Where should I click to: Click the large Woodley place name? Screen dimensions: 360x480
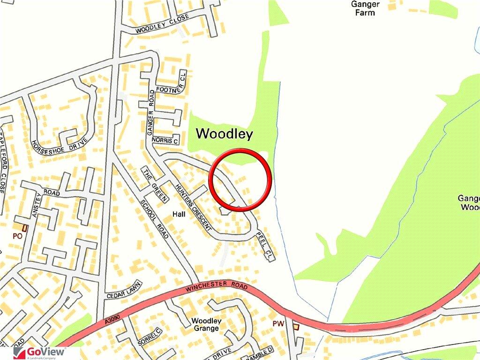tap(224, 134)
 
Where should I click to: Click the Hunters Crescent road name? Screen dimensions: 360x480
tap(193, 206)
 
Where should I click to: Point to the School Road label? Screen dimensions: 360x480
tap(154, 218)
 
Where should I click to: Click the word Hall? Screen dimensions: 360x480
tap(179, 214)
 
